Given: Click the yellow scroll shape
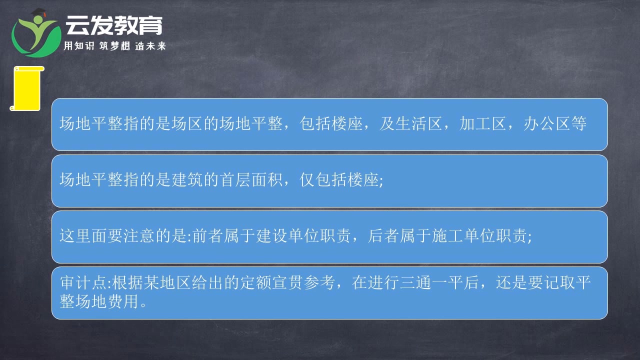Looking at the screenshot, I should coord(25,88).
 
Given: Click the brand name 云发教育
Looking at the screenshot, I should coord(114,24).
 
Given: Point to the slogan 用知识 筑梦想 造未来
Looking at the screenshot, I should coord(114,46).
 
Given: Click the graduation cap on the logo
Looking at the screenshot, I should coord(38,12).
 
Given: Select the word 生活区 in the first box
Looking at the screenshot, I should coord(419,124).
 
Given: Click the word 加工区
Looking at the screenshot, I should coord(483,124).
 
